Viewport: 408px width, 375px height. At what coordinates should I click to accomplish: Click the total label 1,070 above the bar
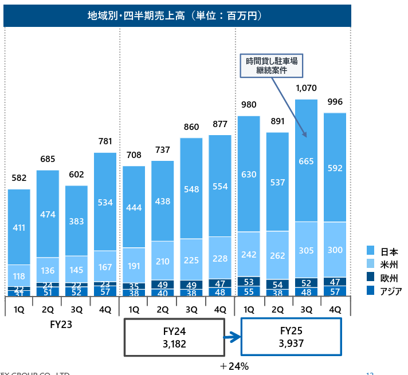tap(306, 88)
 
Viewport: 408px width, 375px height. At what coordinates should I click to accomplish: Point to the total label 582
tap(19, 178)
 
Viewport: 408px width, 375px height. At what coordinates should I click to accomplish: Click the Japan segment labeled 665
tap(306, 161)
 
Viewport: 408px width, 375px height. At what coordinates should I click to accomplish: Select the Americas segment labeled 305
tap(306, 250)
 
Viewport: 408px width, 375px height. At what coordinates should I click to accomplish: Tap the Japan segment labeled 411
tap(19, 227)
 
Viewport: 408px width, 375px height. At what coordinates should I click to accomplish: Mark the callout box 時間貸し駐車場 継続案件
tap(272, 65)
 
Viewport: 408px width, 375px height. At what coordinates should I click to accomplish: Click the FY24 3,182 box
tap(174, 337)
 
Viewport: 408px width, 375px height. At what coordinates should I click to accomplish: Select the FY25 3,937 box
tap(291, 337)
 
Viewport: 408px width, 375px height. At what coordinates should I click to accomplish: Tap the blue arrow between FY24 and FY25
tap(232, 338)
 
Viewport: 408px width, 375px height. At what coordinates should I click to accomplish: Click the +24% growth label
tap(234, 366)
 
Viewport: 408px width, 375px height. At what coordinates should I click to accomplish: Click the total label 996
tap(335, 102)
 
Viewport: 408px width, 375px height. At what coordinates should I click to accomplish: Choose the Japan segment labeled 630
tap(249, 175)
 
